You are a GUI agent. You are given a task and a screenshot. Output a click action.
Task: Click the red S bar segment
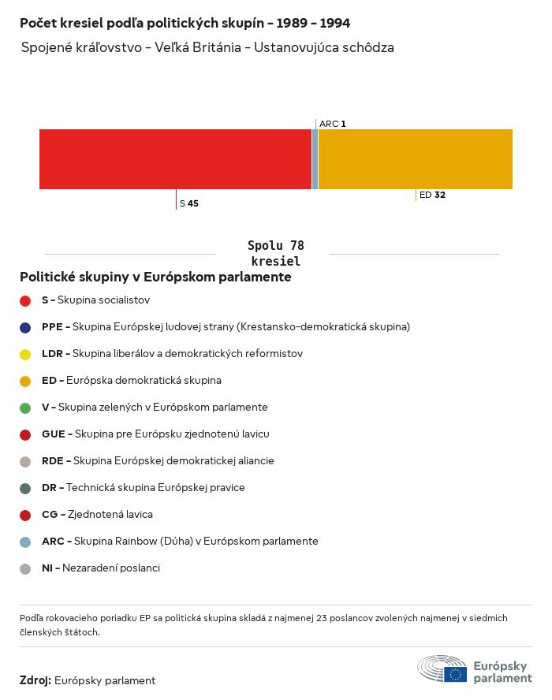pos(175,158)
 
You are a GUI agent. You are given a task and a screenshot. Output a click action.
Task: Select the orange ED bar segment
pos(416,158)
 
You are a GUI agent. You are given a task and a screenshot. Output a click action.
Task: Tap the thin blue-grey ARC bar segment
pos(315,158)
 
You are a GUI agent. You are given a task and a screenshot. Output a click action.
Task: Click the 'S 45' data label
pos(189,203)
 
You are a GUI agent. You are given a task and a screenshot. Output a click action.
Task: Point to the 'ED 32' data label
pos(432,195)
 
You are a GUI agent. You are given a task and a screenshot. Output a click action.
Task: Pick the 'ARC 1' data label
pos(333,124)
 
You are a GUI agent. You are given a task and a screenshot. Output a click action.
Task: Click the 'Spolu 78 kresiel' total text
pos(275,253)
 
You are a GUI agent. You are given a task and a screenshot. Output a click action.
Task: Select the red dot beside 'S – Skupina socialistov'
pos(25,300)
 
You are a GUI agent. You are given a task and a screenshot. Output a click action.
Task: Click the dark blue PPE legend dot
pos(25,327)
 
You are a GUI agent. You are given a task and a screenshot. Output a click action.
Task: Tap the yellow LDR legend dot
pos(25,354)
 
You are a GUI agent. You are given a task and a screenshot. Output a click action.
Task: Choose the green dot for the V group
pos(25,408)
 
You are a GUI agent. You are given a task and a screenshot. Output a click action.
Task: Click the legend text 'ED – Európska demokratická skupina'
pos(131,381)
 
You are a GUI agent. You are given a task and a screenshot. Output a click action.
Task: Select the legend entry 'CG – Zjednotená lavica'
pos(97,515)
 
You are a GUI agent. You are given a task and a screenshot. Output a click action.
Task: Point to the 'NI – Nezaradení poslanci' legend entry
pos(100,568)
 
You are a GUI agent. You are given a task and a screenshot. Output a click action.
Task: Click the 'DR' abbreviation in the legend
pos(48,488)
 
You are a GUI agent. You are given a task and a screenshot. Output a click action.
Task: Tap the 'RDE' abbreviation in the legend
pos(52,461)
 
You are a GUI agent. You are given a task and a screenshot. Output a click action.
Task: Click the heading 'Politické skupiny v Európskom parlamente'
pos(155,277)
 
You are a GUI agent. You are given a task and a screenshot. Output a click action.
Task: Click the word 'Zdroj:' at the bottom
pos(35,680)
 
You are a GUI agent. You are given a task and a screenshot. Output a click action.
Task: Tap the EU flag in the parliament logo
pos(455,674)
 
